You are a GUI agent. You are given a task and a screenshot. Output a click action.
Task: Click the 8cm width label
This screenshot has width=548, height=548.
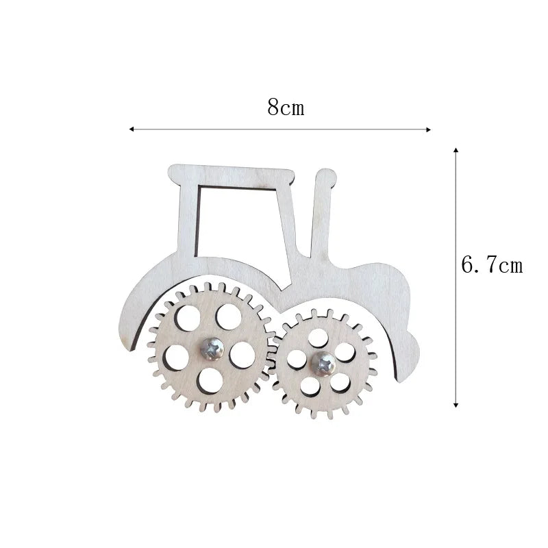tap(286, 108)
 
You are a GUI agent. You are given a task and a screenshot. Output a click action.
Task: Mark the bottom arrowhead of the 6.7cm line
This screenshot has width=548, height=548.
tap(456, 405)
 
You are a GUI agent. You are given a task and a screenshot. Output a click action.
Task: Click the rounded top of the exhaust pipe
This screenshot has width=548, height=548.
tap(325, 177)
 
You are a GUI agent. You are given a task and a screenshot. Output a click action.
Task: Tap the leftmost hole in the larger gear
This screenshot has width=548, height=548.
tap(177, 356)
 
